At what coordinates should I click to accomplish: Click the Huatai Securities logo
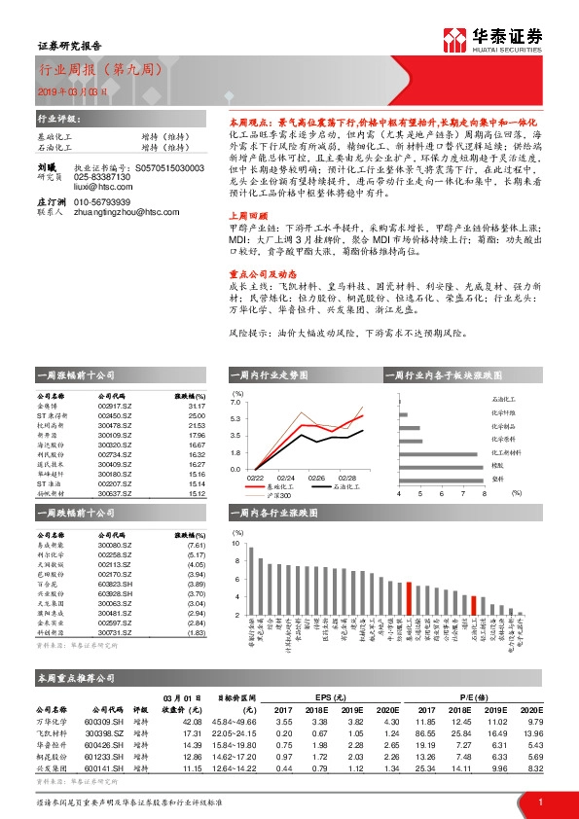coord(492,39)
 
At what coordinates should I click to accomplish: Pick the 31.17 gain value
coord(196,407)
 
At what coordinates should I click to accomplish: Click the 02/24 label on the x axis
coord(287,478)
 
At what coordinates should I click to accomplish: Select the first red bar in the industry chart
coord(410,598)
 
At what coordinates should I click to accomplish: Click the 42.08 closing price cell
coord(191,722)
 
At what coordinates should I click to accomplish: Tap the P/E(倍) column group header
coord(476,697)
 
